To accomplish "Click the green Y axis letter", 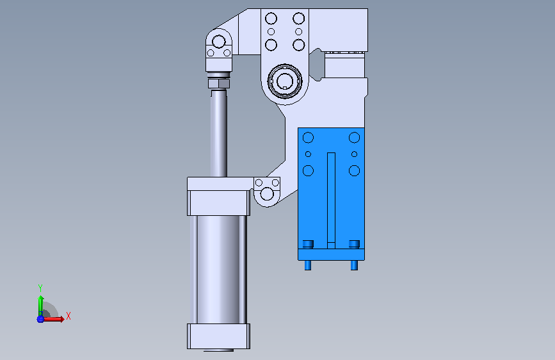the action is pos(40,288).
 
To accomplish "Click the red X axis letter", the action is pos(68,316).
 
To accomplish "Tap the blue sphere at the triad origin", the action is pos(40,319).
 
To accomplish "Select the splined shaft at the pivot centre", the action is pos(285,81).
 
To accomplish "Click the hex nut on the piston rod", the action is pos(219,84).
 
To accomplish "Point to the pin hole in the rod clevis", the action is pos(219,42).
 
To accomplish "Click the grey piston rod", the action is pos(219,133).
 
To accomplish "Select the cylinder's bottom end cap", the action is pos(218,336).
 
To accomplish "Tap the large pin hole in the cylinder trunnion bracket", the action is pos(267,194).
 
